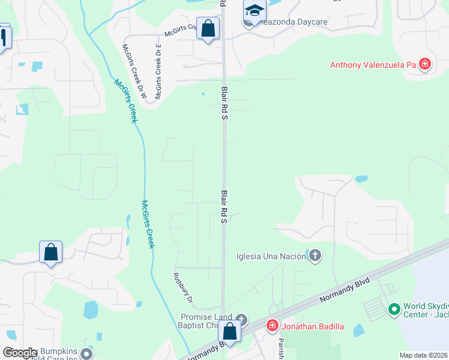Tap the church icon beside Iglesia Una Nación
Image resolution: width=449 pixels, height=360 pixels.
click(315, 257)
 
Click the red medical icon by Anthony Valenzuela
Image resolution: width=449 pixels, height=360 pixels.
click(425, 64)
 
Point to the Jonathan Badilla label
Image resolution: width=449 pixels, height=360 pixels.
click(312, 326)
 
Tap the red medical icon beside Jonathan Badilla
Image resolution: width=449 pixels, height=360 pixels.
click(272, 326)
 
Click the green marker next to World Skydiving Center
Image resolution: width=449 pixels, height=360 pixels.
click(394, 310)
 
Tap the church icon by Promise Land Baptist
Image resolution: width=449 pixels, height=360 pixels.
click(241, 319)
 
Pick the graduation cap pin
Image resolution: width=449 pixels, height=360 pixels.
click(255, 11)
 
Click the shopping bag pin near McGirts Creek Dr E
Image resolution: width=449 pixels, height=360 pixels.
click(208, 29)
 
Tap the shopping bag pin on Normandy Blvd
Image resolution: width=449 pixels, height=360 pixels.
click(229, 331)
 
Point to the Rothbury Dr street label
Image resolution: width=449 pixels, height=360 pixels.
click(182, 289)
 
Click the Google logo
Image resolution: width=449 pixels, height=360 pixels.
click(20, 353)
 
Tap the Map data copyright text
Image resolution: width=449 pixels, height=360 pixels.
click(423, 355)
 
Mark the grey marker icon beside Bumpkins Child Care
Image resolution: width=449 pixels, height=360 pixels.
click(86, 353)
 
